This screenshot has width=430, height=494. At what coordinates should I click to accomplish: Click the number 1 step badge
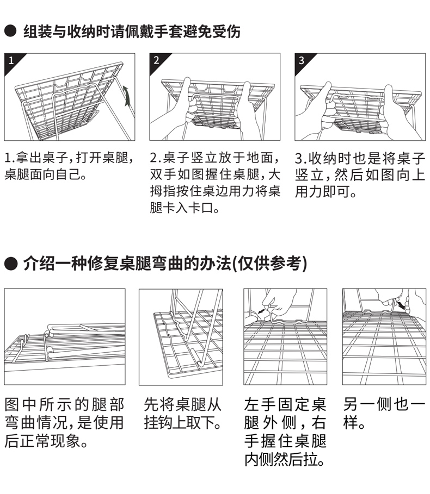click(x=10, y=59)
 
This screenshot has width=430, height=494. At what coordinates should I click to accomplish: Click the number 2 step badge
click(x=156, y=59)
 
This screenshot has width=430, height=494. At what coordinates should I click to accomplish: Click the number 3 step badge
click(x=301, y=59)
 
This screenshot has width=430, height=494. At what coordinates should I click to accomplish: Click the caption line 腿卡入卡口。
click(x=185, y=208)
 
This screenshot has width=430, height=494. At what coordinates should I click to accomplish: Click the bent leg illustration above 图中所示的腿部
click(x=65, y=337)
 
